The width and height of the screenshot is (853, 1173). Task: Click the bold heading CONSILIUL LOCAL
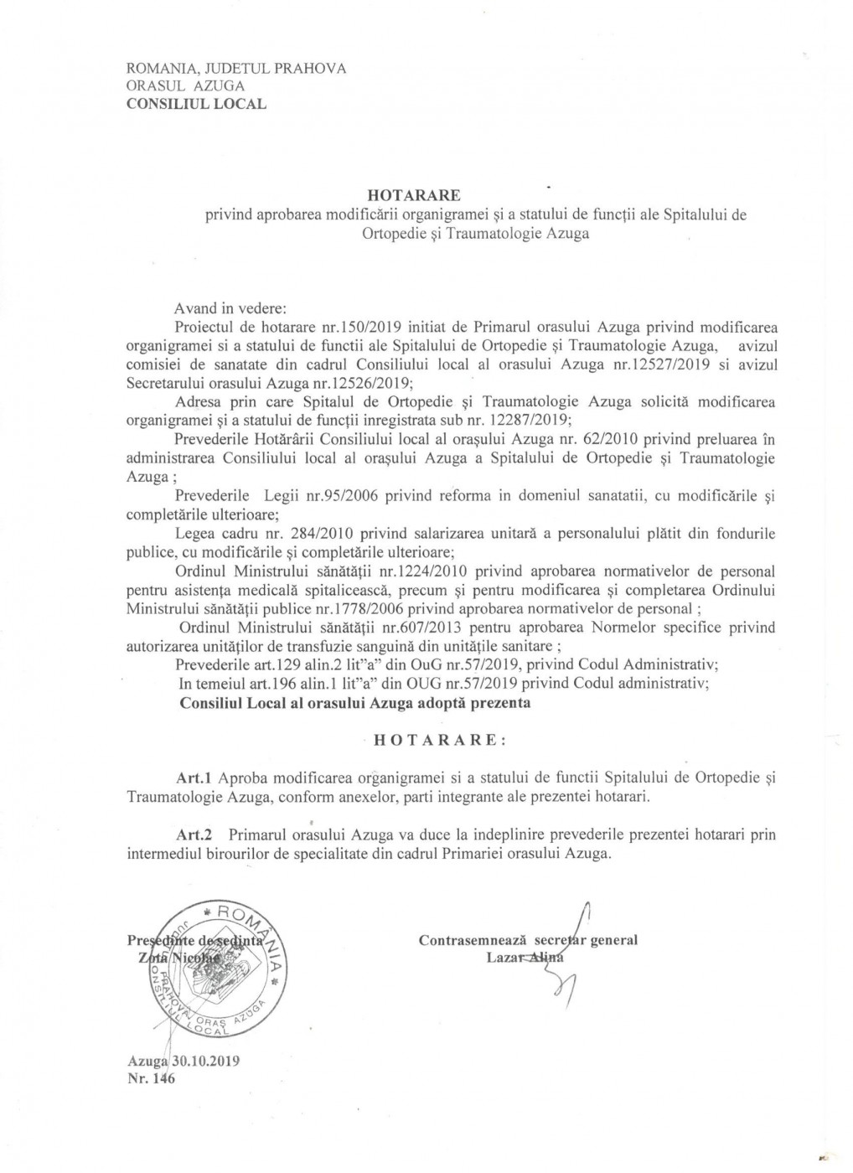click(x=196, y=104)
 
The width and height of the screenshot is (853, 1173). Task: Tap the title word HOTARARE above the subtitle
click(x=426, y=196)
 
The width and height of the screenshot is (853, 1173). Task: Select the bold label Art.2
click(x=195, y=836)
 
